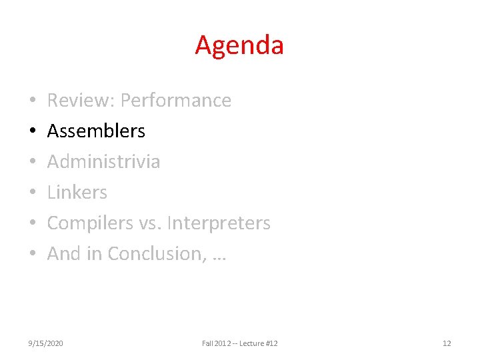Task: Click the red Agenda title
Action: [239, 45]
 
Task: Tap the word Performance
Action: [176, 101]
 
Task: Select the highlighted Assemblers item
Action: [96, 131]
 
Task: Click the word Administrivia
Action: [103, 162]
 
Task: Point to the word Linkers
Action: [77, 193]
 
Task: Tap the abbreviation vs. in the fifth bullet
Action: [150, 223]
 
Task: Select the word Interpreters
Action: [219, 223]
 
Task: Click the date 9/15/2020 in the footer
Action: [46, 343]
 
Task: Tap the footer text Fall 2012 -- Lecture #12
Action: [240, 343]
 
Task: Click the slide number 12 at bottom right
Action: [447, 343]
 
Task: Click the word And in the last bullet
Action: [63, 254]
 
